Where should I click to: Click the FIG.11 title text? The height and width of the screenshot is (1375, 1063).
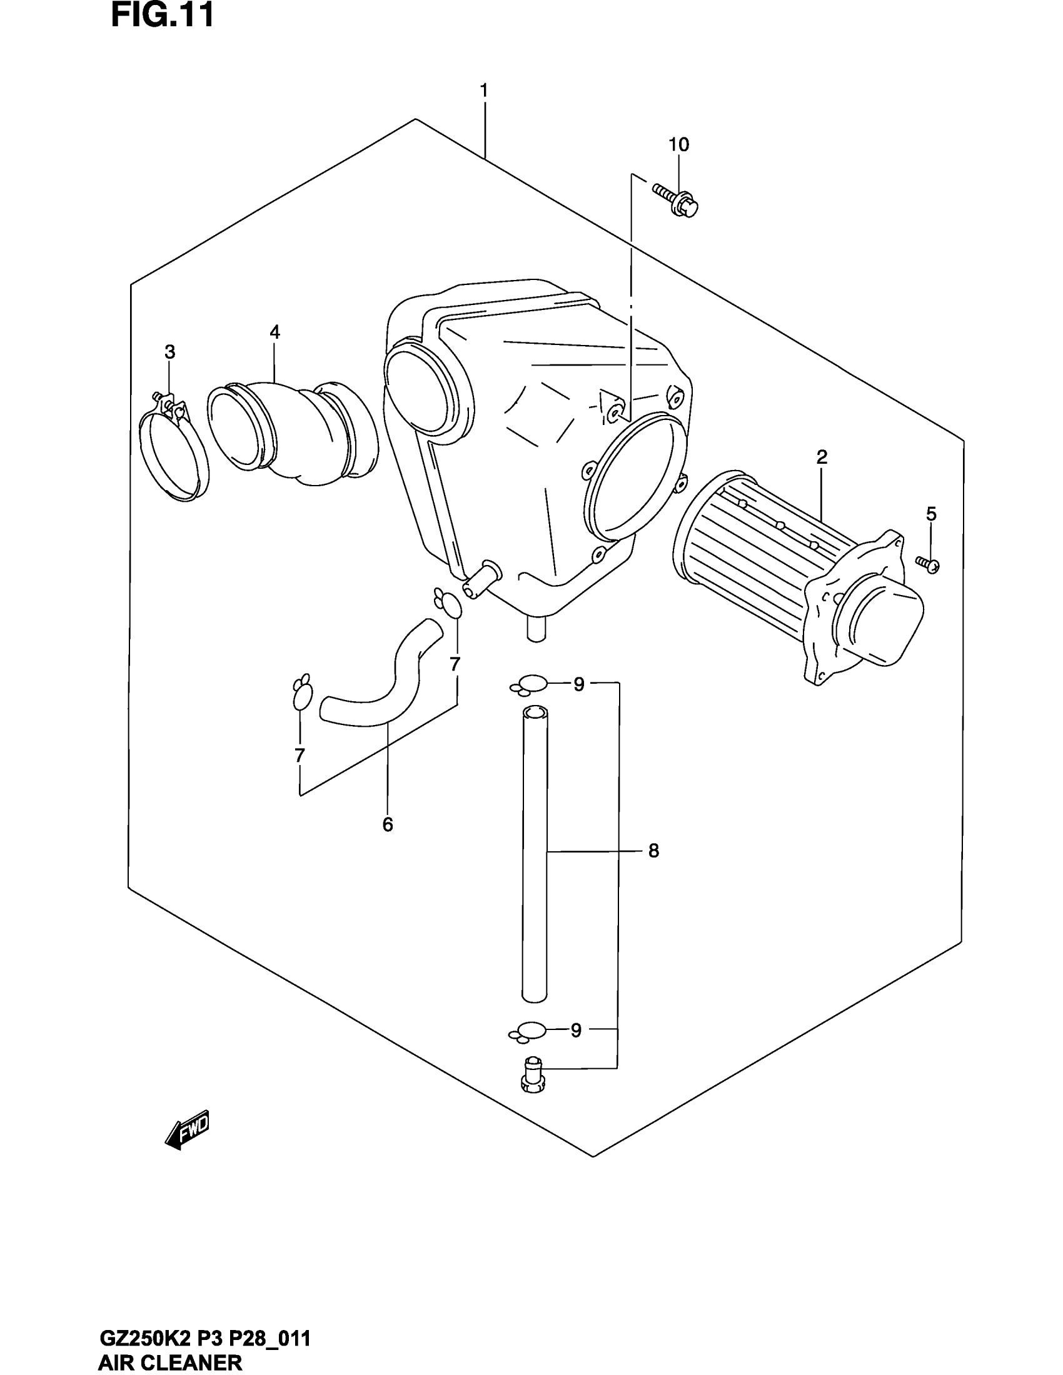coord(163,15)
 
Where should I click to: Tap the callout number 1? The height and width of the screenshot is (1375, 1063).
coord(483,91)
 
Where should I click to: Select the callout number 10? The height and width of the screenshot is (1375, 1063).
coord(678,145)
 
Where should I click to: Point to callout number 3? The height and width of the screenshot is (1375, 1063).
coord(169,352)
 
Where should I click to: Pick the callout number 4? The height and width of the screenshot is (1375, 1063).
coord(275,332)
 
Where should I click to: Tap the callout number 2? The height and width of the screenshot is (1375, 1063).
coord(821,457)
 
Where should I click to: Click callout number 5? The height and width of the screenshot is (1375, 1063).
coord(931,514)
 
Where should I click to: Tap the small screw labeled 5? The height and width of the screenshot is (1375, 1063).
coord(928,564)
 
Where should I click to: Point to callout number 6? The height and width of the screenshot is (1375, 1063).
coord(387,825)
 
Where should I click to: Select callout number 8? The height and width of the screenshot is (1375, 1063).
coord(653,851)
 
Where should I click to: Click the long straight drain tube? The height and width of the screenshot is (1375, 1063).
coord(535,850)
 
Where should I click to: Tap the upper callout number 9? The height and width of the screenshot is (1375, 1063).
coord(579,684)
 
